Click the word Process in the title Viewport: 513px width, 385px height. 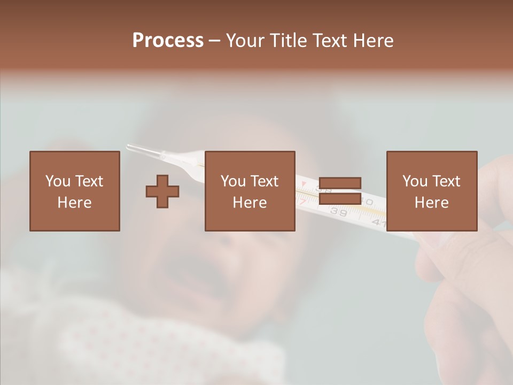[168, 41]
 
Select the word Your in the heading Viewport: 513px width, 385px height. [244, 41]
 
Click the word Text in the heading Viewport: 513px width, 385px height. [329, 41]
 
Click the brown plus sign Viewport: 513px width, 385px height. [162, 191]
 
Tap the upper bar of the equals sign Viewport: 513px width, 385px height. [340, 183]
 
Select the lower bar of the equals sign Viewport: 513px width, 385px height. [340, 199]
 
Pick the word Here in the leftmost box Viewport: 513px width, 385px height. [74, 203]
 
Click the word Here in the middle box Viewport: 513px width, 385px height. [250, 203]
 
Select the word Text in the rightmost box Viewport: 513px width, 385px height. [446, 181]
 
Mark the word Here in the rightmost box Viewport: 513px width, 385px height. [431, 203]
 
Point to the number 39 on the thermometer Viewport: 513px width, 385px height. [338, 212]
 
